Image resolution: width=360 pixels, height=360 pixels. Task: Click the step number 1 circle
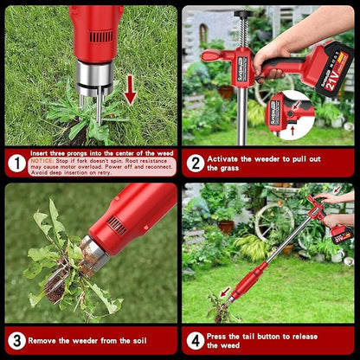point(17,163)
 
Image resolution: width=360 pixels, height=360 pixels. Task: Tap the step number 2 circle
point(196,163)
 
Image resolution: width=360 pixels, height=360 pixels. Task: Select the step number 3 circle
point(16,340)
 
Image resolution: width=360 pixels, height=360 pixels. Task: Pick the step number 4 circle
point(196,340)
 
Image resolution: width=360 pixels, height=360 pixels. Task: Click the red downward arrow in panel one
point(130,89)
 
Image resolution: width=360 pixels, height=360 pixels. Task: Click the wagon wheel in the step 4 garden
point(274,221)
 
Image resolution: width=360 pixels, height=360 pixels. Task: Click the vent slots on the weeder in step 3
point(117,227)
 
